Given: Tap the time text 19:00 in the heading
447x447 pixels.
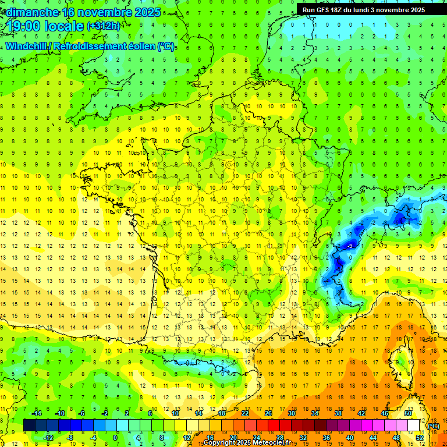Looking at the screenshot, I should point(26,26).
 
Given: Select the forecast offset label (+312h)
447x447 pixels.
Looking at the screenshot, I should point(103,26).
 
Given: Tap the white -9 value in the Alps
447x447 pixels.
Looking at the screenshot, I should point(350,246).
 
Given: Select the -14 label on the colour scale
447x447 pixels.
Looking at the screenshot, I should point(37,413).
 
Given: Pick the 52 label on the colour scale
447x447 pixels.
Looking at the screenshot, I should point(419,438).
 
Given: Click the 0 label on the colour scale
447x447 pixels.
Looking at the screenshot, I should point(115,438).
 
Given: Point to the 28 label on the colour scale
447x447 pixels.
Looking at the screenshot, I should point(280,438).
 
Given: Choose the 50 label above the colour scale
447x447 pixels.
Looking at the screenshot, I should point(407,413).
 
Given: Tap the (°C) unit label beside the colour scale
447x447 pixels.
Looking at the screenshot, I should point(433,426).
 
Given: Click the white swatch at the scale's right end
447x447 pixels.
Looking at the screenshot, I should point(413,425).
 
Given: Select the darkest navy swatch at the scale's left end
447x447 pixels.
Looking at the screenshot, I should point(29,425).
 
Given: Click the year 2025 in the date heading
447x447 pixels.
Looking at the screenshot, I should point(148,12).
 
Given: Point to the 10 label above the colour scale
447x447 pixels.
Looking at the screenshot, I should point(175,413).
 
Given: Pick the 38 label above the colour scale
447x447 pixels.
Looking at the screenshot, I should point(338,413).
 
